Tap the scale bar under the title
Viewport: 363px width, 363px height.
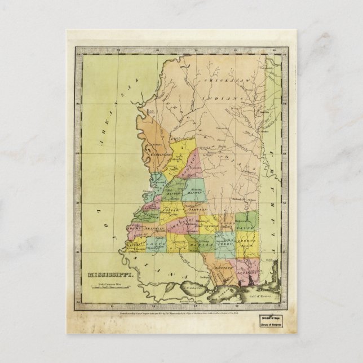tap(108, 288)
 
